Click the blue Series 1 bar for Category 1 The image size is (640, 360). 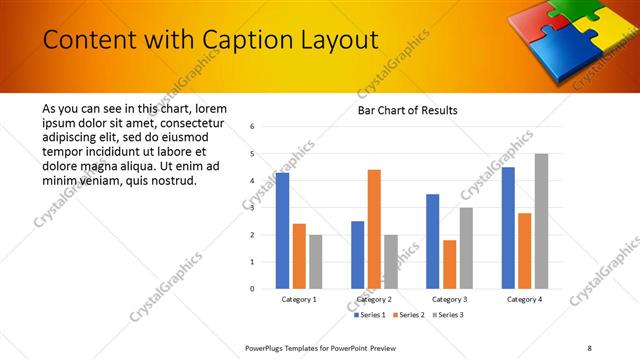coord(283,231)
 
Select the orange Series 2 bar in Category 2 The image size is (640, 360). coord(374,229)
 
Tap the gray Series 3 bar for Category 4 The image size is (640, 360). coord(541,221)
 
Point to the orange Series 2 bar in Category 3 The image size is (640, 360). coord(449,264)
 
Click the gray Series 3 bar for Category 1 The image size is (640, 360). coord(316,261)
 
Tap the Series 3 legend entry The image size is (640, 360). coord(446,315)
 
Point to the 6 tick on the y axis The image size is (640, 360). coord(253,127)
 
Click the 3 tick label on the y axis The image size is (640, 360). coord(253,208)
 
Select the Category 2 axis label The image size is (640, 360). coord(374,299)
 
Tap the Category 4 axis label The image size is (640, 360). coord(524,299)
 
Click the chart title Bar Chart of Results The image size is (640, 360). coord(408,110)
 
